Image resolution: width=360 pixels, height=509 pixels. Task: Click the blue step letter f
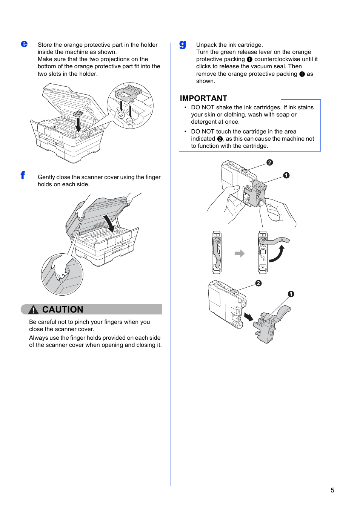click(23, 175)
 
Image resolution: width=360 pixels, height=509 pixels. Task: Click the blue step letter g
click(183, 44)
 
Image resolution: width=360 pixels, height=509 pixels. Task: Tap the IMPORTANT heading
click(203, 98)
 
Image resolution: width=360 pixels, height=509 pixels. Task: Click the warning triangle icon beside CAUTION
click(33, 310)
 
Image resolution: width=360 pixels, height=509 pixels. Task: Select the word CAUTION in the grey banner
click(63, 310)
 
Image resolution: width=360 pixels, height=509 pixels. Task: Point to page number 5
click(332, 490)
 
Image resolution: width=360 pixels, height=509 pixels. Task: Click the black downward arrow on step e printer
click(78, 125)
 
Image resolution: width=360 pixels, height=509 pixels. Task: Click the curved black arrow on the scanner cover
click(109, 223)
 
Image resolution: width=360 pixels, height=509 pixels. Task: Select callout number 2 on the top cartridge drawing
click(269, 163)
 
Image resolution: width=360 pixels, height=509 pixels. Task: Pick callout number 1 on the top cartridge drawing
click(286, 175)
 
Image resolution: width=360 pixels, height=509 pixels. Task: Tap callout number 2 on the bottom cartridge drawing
click(258, 283)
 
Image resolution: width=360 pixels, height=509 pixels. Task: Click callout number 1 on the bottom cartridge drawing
click(291, 294)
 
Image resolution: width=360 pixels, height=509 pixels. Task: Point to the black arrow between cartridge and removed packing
click(249, 317)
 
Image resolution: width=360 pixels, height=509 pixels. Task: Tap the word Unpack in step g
click(206, 45)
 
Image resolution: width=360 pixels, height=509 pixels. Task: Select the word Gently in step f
click(46, 177)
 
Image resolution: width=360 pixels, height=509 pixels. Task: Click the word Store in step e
click(45, 45)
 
